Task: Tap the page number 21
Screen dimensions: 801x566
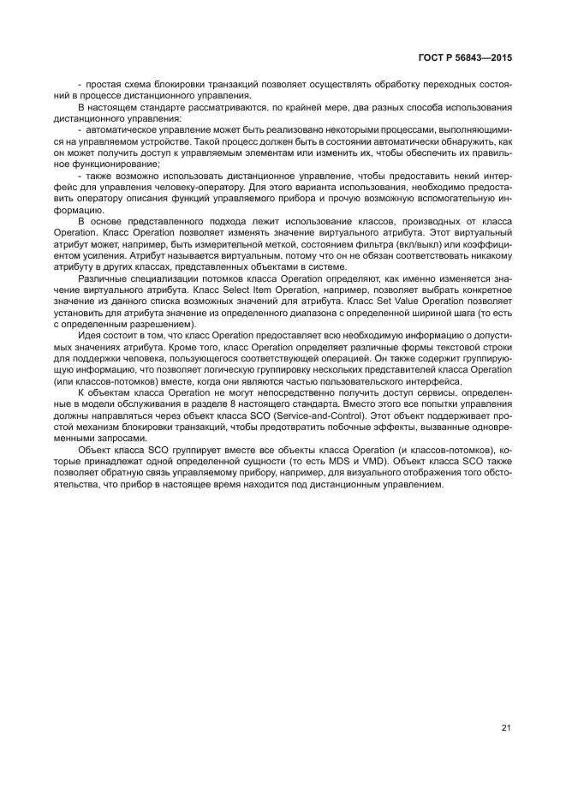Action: coord(506,728)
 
